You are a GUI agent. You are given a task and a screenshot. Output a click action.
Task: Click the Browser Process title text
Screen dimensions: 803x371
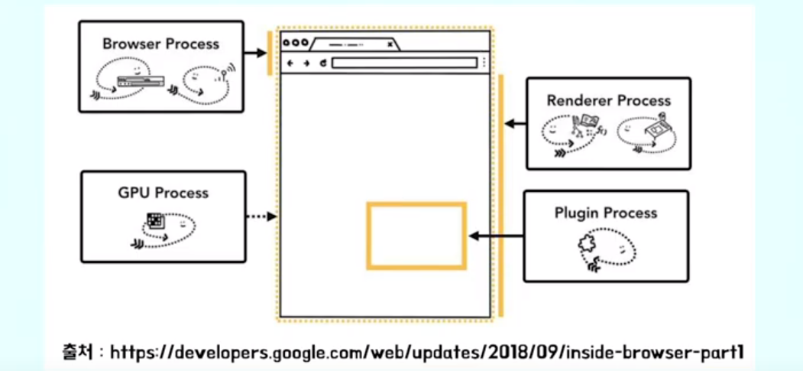[160, 44]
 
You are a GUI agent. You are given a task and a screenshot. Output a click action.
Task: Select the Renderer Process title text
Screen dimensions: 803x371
[608, 100]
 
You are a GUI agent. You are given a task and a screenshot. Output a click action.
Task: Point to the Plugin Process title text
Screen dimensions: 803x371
[606, 213]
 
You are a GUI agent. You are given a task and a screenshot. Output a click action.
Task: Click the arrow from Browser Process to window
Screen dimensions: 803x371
[254, 53]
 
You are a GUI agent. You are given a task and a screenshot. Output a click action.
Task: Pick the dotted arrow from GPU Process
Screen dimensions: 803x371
[261, 217]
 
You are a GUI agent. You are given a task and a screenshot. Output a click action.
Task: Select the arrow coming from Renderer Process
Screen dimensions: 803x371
[516, 123]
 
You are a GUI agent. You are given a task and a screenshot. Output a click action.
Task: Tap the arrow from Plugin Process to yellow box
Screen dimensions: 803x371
[494, 236]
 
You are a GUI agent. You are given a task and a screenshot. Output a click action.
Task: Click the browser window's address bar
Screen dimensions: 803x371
[405, 63]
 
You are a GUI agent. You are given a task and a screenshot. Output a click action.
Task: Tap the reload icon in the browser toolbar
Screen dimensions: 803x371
[323, 63]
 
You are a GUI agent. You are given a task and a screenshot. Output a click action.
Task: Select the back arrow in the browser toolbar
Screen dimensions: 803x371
[290, 63]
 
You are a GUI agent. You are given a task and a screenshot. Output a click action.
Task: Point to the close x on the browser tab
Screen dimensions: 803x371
[390, 44]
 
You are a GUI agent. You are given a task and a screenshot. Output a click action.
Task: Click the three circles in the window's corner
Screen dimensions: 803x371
[294, 43]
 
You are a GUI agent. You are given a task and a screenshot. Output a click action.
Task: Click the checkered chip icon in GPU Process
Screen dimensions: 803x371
[156, 220]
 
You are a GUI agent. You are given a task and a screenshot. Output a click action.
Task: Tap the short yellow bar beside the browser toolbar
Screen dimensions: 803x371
[270, 54]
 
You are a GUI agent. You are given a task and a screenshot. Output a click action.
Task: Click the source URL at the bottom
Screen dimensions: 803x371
[427, 353]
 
